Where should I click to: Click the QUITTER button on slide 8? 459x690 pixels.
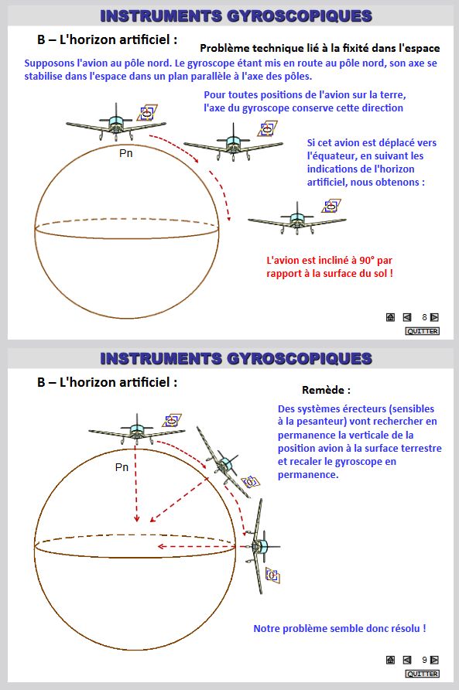422,331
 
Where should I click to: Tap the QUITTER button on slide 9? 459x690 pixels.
422,674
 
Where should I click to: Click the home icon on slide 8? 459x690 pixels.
390,317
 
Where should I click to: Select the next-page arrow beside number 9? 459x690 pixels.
434,660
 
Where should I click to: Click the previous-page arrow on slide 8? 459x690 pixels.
407,317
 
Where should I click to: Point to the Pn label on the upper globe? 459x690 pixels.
126,153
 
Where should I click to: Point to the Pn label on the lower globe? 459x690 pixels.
122,467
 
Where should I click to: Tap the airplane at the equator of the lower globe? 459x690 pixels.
261,545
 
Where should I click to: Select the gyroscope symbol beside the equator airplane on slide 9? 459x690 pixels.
272,575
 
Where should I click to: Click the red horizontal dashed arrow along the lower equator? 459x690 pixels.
197,547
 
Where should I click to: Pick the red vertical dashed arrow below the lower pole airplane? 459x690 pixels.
136,484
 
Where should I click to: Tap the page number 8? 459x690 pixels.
424,317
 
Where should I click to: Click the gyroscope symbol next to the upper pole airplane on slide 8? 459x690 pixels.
147,113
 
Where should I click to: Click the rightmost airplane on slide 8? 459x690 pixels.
297,219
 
